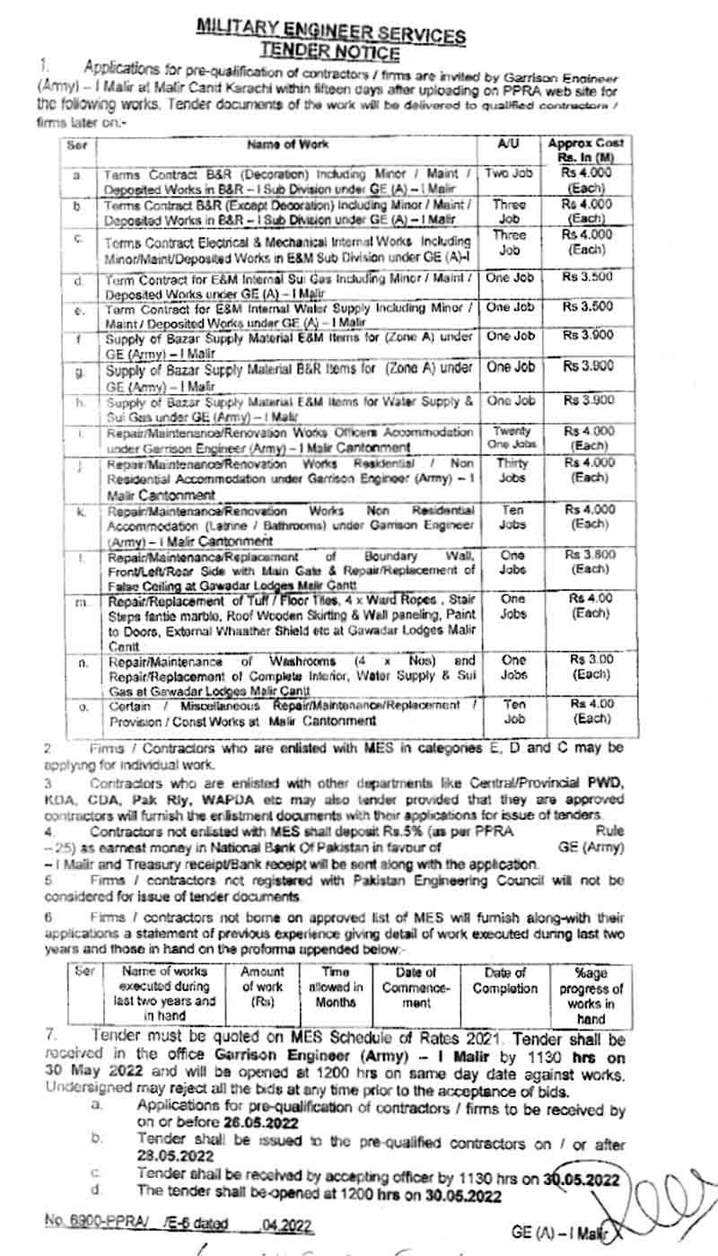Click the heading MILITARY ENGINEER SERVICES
click(x=331, y=33)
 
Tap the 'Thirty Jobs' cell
click(x=512, y=470)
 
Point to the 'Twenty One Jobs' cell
click(x=512, y=438)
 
